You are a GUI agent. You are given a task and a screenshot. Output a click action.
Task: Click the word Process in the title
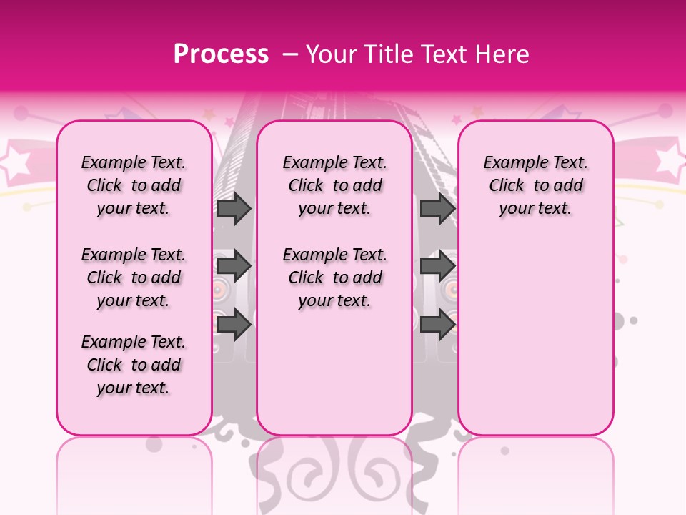pyautogui.click(x=221, y=54)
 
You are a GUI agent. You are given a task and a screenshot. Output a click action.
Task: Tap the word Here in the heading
pyautogui.click(x=502, y=54)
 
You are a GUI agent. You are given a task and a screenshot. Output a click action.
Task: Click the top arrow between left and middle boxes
pyautogui.click(x=234, y=208)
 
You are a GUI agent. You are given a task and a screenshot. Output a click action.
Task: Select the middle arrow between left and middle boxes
pyautogui.click(x=234, y=266)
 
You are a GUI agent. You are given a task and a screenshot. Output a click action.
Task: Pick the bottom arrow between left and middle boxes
pyautogui.click(x=234, y=324)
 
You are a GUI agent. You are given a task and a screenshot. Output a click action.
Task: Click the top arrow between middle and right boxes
pyautogui.click(x=437, y=208)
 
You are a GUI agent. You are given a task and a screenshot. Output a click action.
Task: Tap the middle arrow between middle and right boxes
pyautogui.click(x=437, y=266)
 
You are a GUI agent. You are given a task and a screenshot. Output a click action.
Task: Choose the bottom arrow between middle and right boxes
pyautogui.click(x=437, y=324)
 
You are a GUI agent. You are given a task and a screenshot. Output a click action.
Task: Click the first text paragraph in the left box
pyautogui.click(x=134, y=185)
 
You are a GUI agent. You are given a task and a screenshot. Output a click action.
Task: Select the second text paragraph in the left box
pyautogui.click(x=134, y=278)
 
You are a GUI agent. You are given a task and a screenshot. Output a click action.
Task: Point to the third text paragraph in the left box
pyautogui.click(x=134, y=365)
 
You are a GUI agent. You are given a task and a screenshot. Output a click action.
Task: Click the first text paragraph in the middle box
pyautogui.click(x=335, y=185)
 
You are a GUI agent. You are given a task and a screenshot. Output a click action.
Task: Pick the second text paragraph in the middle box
pyautogui.click(x=335, y=278)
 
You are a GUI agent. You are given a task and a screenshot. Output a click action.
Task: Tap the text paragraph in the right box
pyautogui.click(x=536, y=185)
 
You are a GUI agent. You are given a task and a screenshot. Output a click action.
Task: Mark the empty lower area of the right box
pyautogui.click(x=536, y=336)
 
